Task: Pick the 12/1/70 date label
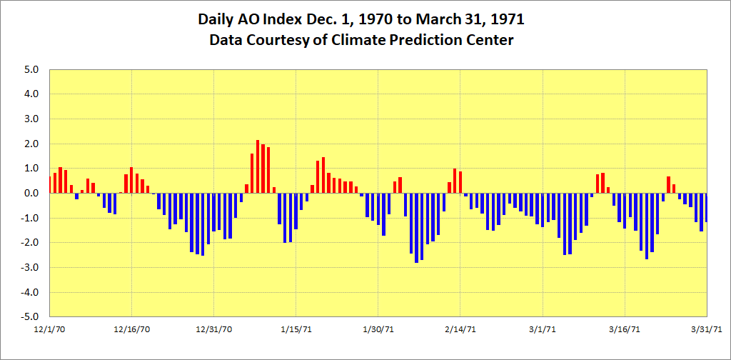pyautogui.click(x=49, y=329)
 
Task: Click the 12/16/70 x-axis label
pyautogui.click(x=131, y=329)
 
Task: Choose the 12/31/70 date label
pyautogui.click(x=213, y=329)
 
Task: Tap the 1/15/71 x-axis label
pyautogui.click(x=296, y=329)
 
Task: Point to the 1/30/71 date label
pyautogui.click(x=378, y=329)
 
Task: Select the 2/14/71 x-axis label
pyautogui.click(x=460, y=329)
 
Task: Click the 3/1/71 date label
pyautogui.click(x=543, y=329)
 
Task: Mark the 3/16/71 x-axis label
pyautogui.click(x=625, y=329)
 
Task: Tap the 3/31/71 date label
pyautogui.click(x=706, y=329)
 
